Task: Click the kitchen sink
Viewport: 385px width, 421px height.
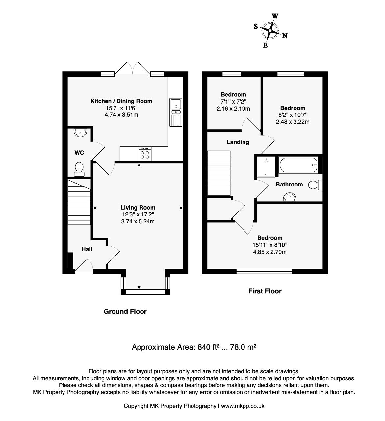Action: click(x=176, y=112)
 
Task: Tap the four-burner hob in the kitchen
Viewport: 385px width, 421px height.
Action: click(x=145, y=154)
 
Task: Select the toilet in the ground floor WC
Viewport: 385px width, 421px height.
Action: click(x=79, y=169)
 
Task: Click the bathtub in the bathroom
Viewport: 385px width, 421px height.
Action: click(x=298, y=165)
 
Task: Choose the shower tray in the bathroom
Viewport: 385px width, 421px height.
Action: click(x=266, y=166)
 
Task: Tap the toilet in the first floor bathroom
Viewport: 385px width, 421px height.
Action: click(x=315, y=185)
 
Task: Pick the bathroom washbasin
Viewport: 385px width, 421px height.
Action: click(x=290, y=197)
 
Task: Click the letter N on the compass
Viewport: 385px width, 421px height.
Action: click(x=285, y=36)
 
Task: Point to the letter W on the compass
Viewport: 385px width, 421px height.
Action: click(x=275, y=16)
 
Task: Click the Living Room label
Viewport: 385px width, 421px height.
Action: click(x=138, y=207)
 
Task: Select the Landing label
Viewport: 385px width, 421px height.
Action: click(x=238, y=142)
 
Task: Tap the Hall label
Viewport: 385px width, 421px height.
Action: click(x=87, y=249)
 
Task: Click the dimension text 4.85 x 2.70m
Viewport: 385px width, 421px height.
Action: click(x=270, y=252)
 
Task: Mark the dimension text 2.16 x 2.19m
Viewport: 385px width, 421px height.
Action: click(x=233, y=109)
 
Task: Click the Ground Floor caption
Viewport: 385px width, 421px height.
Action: click(x=125, y=311)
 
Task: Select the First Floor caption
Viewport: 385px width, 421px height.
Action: click(x=265, y=291)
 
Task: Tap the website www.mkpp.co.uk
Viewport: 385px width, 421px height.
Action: click(x=243, y=406)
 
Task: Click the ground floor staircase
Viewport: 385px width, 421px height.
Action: click(x=79, y=202)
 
